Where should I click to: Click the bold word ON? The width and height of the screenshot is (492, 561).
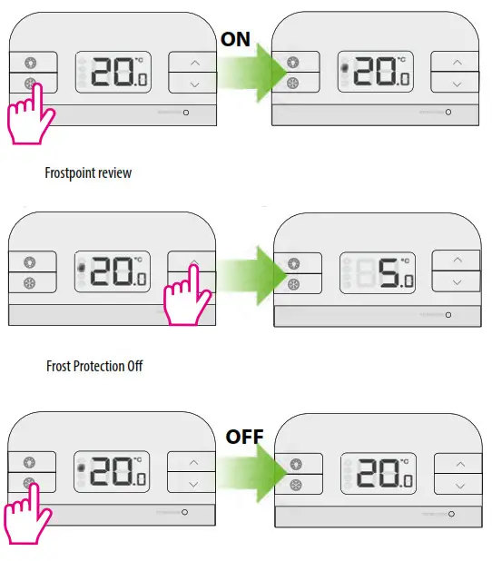tap(236, 40)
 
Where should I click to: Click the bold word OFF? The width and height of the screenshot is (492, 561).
tap(244, 437)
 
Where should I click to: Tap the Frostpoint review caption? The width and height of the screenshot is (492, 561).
tap(88, 172)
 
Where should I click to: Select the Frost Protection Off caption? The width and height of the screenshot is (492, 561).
tap(94, 367)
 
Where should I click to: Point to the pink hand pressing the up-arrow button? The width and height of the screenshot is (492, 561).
tap(187, 296)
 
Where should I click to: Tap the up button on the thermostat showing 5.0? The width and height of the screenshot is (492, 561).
tap(457, 260)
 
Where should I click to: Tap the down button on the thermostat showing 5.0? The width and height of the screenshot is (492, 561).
tap(457, 282)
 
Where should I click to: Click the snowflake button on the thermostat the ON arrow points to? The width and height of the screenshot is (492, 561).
tap(292, 84)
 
